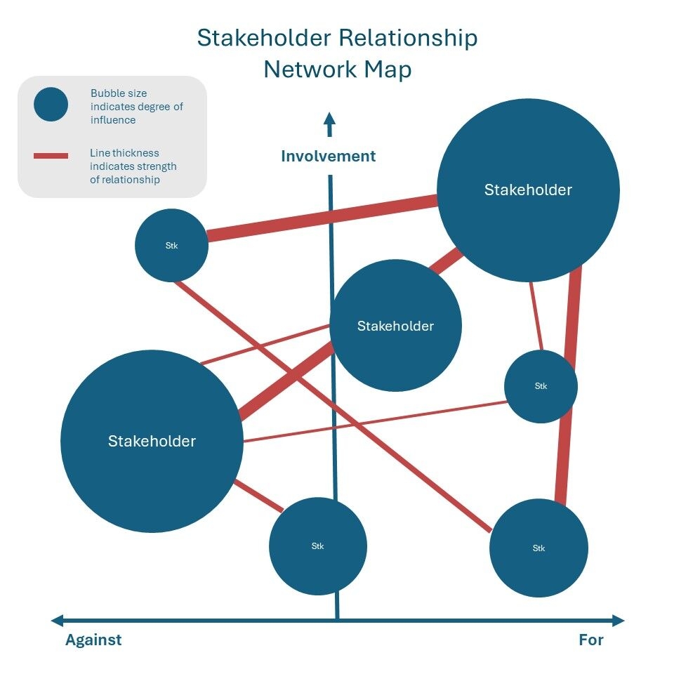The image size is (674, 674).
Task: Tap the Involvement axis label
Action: [x=329, y=156]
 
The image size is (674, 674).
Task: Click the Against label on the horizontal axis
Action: [x=93, y=640]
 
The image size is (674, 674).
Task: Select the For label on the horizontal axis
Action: [x=591, y=640]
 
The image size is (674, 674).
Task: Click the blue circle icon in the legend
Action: [x=51, y=105]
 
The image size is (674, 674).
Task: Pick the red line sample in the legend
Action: [x=51, y=155]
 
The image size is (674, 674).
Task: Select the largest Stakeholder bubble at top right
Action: [x=528, y=190]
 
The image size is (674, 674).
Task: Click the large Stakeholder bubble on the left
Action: [x=152, y=441]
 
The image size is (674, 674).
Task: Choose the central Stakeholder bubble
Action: [x=395, y=326]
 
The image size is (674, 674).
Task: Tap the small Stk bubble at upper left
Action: [x=171, y=246]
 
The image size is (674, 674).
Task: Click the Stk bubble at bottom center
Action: [x=318, y=546]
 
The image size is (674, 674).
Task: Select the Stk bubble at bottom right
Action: [x=538, y=548]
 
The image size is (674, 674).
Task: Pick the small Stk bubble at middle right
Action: [x=541, y=386]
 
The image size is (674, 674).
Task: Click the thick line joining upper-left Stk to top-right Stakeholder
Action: [x=323, y=218]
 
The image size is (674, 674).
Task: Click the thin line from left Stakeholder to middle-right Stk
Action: [x=372, y=422]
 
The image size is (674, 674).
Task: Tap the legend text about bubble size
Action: [x=136, y=106]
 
